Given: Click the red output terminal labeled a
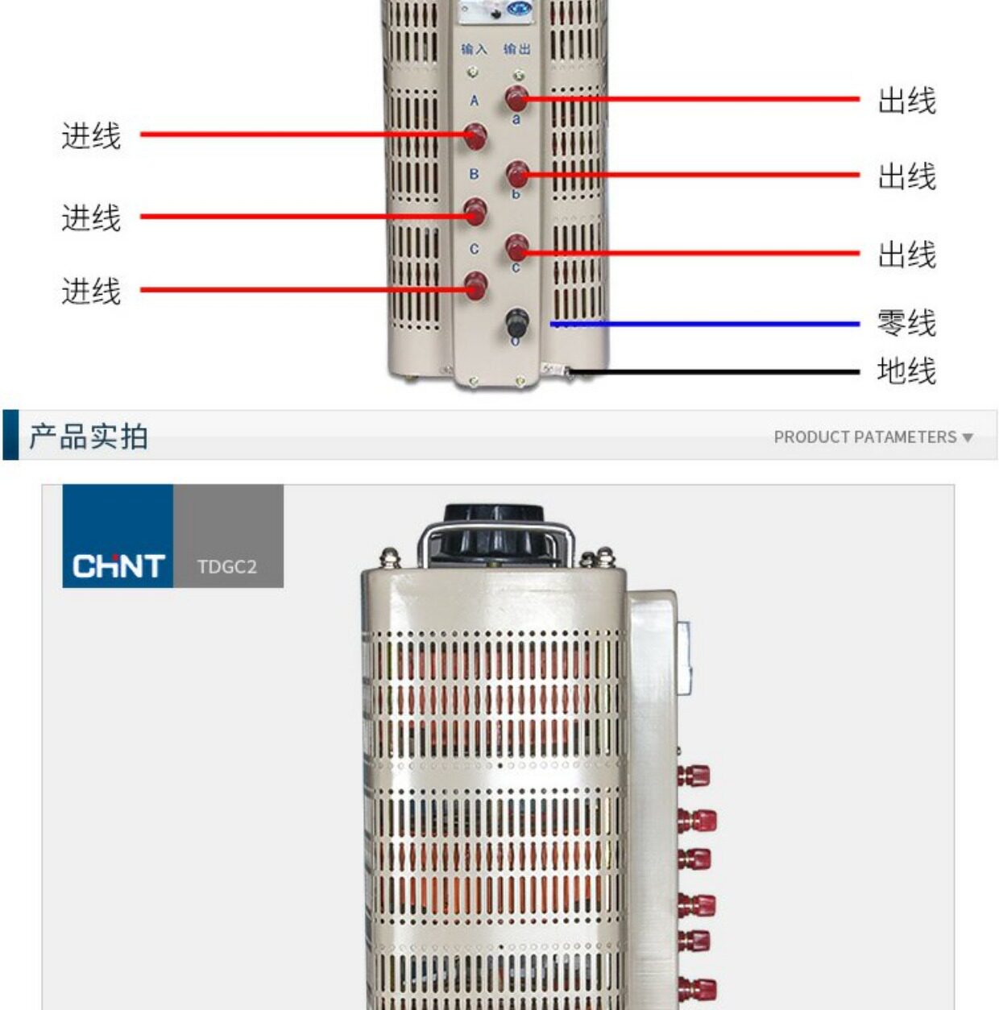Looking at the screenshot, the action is pos(516,99).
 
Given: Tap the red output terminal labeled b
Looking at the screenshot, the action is pos(516,174).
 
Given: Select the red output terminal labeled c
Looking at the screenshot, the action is pos(516,246).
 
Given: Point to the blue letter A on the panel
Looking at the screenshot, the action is pos(474,101).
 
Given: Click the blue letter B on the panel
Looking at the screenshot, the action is pos(474,174).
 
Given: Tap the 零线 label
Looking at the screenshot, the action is pos(906,323).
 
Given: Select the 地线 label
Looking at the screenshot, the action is pos(906,371).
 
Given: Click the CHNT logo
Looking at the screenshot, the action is pos(118,565).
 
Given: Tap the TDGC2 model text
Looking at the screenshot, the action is pos(227,567).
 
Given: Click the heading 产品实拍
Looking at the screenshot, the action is pos(89,437).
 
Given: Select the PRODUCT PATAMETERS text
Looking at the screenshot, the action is pos(864,437).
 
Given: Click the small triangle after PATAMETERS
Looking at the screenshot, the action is pos(968,438).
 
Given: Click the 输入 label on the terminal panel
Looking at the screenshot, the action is pos(474,50).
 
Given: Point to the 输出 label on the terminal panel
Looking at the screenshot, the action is pos(516,50).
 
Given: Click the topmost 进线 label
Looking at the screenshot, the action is pos(91,136).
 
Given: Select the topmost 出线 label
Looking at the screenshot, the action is pos(906,101).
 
